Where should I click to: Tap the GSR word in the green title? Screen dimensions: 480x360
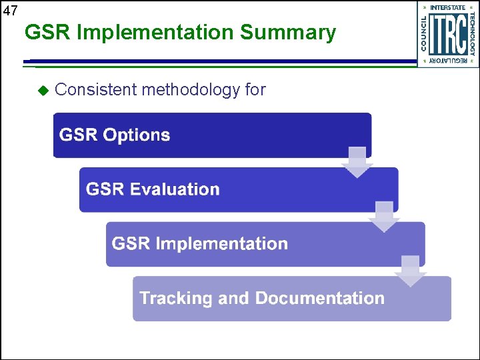point(48,32)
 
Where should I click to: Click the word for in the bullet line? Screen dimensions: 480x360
point(255,89)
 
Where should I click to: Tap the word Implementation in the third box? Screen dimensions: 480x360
point(221,243)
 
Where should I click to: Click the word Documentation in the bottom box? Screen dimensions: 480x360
point(320,298)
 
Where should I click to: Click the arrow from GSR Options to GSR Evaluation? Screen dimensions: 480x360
point(357,162)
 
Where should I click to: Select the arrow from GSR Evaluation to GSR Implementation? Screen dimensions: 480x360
point(384,217)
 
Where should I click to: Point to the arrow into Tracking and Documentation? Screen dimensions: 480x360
point(411,271)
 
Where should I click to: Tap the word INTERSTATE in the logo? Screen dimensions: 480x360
point(448,7)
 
